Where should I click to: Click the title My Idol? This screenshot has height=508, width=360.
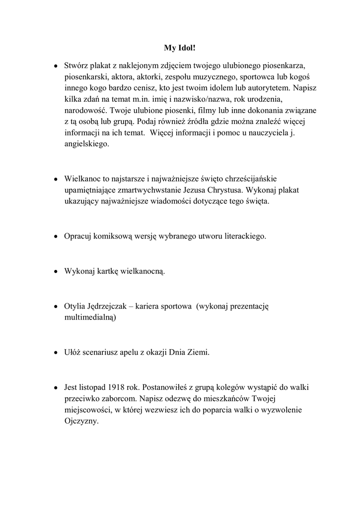[180, 48]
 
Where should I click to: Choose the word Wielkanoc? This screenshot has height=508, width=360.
[84, 178]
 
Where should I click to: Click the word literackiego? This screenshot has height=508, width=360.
[241, 236]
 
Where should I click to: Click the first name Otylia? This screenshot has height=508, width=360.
[75, 307]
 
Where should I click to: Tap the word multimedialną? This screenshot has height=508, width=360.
[90, 317]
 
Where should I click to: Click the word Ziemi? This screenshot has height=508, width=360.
[199, 353]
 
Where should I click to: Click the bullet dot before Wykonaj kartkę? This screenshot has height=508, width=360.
[57, 272]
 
